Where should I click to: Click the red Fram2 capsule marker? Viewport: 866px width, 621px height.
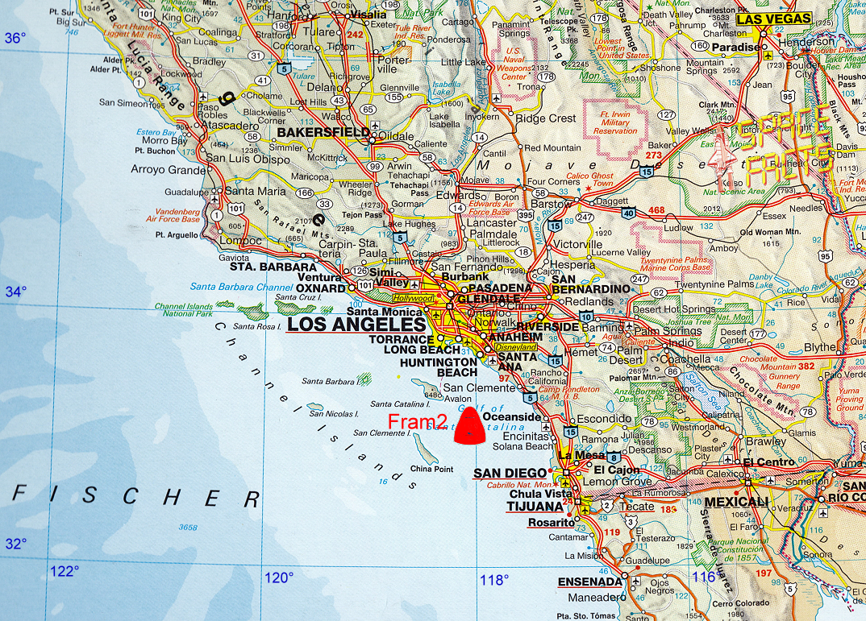[469, 426]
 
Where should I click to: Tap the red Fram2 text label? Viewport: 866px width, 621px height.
[418, 421]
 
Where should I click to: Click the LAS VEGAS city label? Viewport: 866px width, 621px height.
[774, 19]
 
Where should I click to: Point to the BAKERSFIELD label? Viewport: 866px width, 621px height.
[312, 132]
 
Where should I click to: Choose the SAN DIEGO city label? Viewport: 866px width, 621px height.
[510, 473]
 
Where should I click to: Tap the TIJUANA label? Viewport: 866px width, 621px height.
[535, 507]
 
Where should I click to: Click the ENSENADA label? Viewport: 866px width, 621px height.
[590, 582]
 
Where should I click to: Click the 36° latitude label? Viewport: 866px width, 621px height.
[15, 39]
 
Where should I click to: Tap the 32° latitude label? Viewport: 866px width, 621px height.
[15, 543]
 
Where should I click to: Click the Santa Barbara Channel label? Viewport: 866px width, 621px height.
[233, 287]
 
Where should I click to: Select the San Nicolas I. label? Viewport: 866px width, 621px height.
[334, 413]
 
